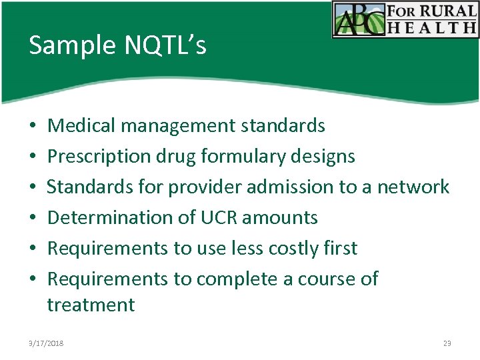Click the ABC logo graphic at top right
[360, 19]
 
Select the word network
[413, 187]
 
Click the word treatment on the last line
[91, 305]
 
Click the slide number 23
[447, 343]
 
